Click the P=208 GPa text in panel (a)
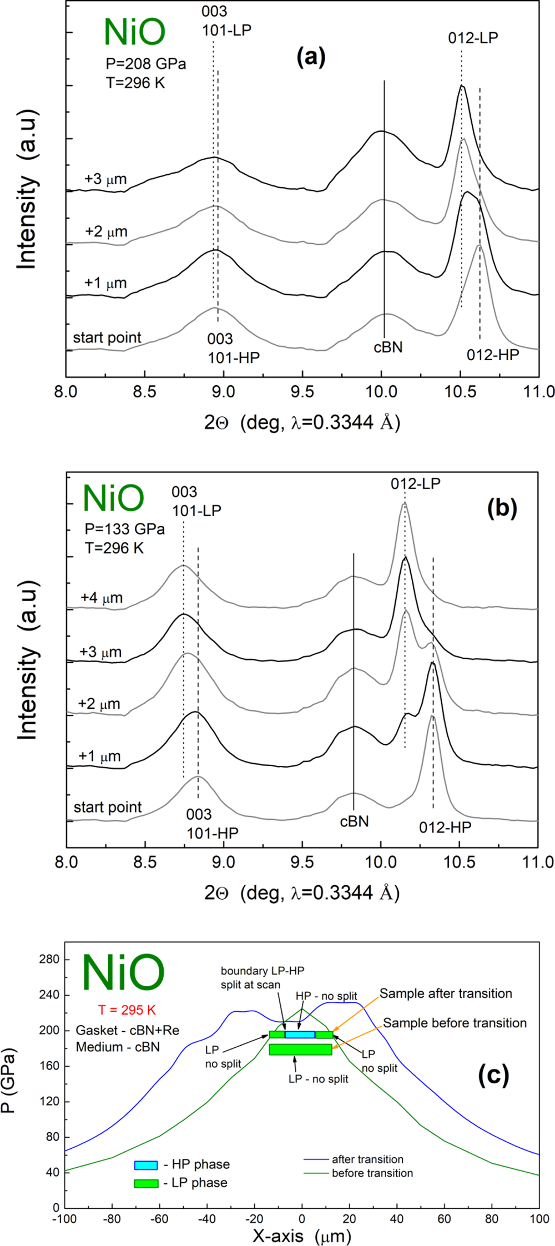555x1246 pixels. coord(145,64)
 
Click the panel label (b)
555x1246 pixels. coord(501,509)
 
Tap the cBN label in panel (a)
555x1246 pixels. coord(387,348)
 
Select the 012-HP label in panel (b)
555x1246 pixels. coord(445,828)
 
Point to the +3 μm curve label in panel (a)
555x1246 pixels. coord(105,179)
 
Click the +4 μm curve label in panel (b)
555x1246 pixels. coord(102,598)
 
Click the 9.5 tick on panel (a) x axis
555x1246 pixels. coord(302,392)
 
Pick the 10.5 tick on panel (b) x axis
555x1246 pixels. coord(460,862)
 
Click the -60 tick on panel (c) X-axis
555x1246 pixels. coord(159,1219)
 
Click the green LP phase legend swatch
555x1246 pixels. coord(146,1183)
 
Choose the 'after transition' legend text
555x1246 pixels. coord(367,1159)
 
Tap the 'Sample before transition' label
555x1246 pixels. coord(455,1023)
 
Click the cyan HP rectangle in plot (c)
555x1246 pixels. coord(300,1035)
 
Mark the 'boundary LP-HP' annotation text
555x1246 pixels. coord(262,971)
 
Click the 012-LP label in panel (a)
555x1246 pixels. coord(473,38)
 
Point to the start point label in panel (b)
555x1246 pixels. coord(108,807)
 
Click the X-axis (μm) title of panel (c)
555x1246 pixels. coord(301,1236)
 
